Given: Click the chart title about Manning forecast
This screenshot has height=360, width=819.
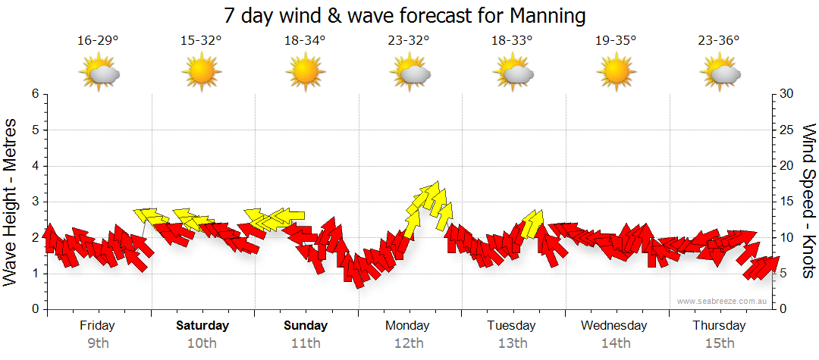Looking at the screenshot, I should click(405, 15).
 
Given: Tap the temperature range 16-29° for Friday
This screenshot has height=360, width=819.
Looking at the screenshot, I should click(98, 41).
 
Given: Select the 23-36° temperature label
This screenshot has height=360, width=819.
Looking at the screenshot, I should click(720, 41).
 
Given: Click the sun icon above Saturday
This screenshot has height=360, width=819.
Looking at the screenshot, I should click(201, 73).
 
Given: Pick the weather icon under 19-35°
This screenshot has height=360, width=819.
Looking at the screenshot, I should click(616, 73).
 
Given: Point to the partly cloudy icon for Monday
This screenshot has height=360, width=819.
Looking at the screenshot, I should click(410, 73).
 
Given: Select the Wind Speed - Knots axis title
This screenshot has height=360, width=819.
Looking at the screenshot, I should click(808, 201).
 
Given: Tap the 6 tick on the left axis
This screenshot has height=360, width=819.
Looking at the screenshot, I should click(34, 94).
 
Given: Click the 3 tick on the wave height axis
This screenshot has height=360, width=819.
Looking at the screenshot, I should click(34, 202).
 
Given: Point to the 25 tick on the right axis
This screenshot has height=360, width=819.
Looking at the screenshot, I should click(787, 130).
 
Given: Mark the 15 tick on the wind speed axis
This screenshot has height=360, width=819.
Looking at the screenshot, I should click(787, 202).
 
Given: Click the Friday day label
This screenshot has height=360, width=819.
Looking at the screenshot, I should click(97, 326).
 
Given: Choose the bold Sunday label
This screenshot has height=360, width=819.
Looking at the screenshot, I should click(306, 326).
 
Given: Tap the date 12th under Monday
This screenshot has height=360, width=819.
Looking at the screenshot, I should click(409, 343).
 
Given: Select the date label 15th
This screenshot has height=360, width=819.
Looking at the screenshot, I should click(720, 343).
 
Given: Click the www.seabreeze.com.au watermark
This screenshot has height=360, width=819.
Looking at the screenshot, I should click(723, 302).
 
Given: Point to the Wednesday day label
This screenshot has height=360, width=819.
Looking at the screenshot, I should click(614, 326).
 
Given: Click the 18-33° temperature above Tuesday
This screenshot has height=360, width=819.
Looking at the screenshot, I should click(513, 41).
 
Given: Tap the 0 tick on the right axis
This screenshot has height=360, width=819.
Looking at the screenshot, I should click(783, 309).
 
